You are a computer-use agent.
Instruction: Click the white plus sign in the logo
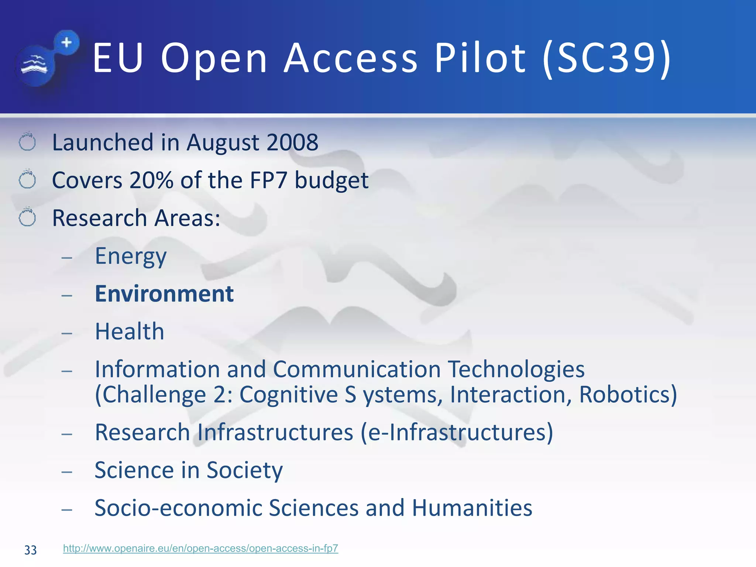point(67,42)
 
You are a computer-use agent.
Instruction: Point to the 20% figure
point(151,181)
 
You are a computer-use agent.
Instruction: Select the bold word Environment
point(164,294)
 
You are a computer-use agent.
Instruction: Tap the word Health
point(130,331)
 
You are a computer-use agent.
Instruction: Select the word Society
point(244,471)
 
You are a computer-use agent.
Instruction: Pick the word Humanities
point(472,508)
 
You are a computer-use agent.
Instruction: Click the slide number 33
point(31,550)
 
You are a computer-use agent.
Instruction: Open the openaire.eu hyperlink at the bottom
point(200,549)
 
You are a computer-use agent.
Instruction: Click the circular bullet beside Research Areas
point(27,217)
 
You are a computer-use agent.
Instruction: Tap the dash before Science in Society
point(67,472)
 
